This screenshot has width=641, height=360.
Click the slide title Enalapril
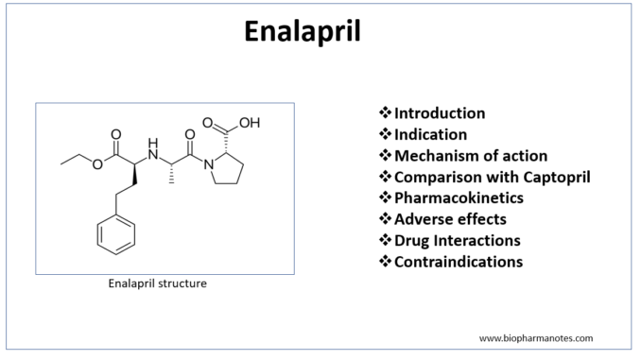[303, 32]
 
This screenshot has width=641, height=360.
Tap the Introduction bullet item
[440, 113]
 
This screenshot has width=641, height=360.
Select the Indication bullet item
[430, 134]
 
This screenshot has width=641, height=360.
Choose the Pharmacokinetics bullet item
[459, 197]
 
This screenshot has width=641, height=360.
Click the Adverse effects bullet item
[450, 219]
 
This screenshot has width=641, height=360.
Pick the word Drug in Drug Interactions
[411, 241]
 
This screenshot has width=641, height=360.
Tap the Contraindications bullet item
[459, 262]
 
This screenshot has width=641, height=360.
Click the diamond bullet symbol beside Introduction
[385, 112]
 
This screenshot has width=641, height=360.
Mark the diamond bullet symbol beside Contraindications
[385, 261]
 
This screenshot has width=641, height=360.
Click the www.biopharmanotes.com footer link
[536, 338]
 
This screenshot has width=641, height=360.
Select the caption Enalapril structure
[157, 283]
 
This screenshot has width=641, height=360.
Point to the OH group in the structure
[250, 123]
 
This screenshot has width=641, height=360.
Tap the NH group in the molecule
[153, 149]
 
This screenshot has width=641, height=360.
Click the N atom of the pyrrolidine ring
[209, 165]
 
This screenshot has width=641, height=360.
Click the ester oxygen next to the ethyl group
[97, 164]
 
